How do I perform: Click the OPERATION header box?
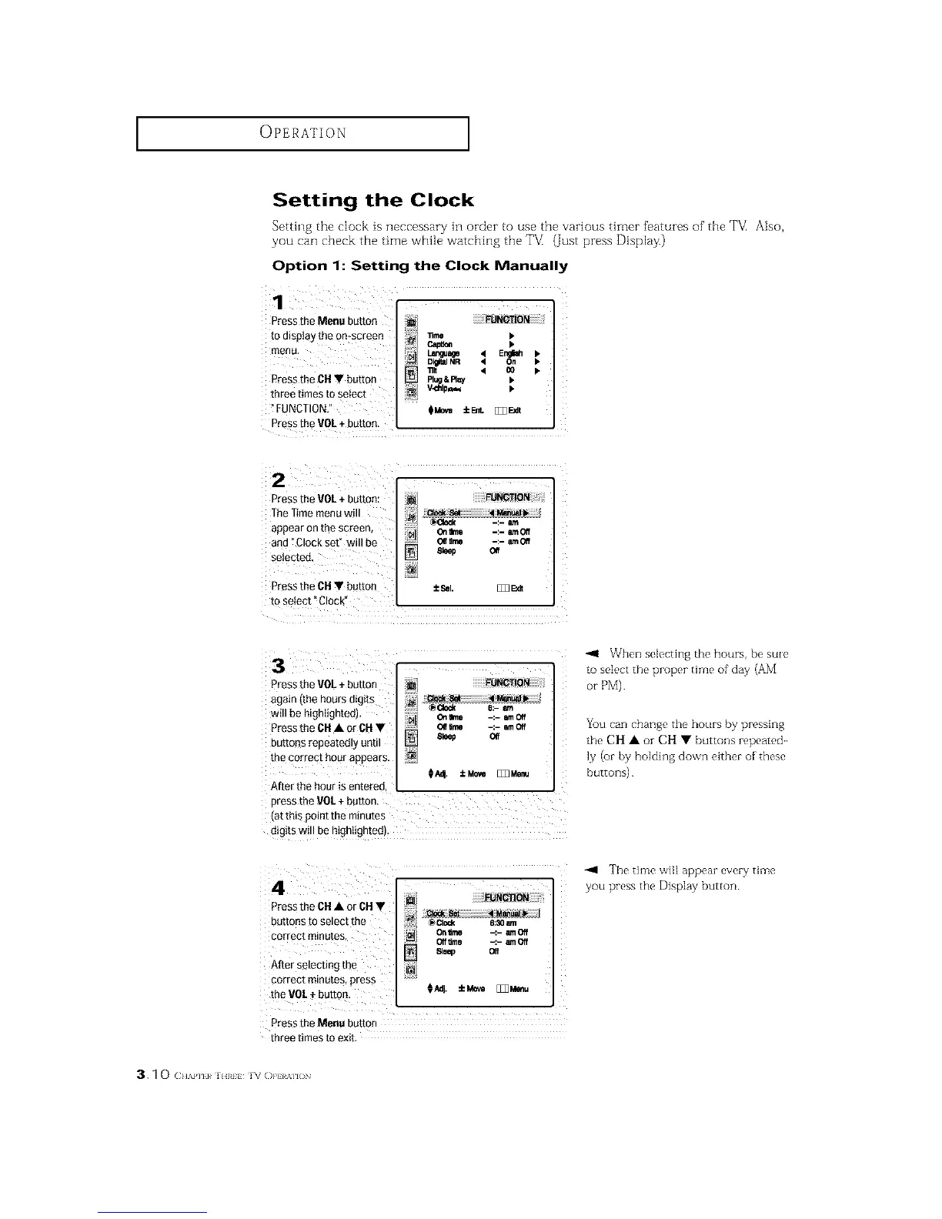[302, 133]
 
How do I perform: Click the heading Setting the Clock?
[373, 201]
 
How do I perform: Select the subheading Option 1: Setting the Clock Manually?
[420, 266]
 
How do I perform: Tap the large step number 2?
[279, 481]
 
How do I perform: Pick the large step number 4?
[279, 887]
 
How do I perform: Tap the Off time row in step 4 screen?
[448, 941]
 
